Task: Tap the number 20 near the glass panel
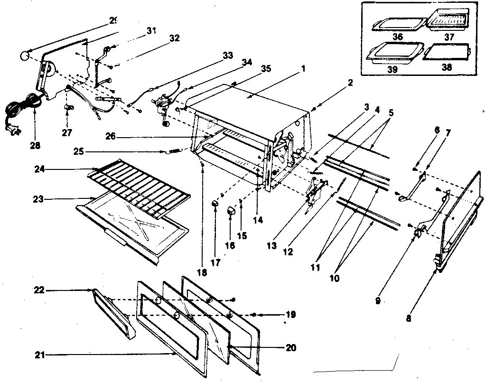pos(291,348)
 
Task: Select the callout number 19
pos(291,314)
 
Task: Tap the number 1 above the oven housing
pos(303,68)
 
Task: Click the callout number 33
pos(228,56)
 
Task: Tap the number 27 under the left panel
pos(67,133)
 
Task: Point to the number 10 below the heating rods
pos(335,278)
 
